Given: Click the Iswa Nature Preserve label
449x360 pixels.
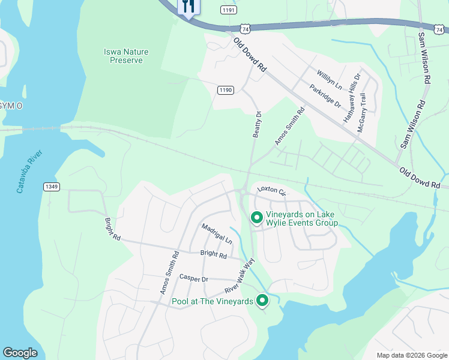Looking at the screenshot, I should (x=125, y=56).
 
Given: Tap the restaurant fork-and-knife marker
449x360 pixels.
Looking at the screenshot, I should (x=188, y=7).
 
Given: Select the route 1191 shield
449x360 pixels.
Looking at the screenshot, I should (x=229, y=10).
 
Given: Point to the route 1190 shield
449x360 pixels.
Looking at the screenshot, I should (x=225, y=90).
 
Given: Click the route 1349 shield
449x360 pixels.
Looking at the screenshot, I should (x=52, y=187).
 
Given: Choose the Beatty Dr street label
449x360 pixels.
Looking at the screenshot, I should (x=257, y=125).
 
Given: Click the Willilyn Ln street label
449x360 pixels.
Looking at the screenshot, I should (x=330, y=80).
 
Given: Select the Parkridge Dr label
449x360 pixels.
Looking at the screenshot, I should (x=325, y=96).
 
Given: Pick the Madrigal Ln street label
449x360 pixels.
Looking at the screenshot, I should (x=216, y=233).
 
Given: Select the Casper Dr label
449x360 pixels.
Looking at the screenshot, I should (x=193, y=278).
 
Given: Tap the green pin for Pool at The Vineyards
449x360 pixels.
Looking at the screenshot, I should (x=262, y=301).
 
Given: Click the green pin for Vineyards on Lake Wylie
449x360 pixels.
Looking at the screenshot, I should (x=257, y=218).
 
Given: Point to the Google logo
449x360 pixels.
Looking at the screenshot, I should (x=20, y=353).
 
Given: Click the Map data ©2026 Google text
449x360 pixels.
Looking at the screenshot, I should (x=412, y=355).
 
